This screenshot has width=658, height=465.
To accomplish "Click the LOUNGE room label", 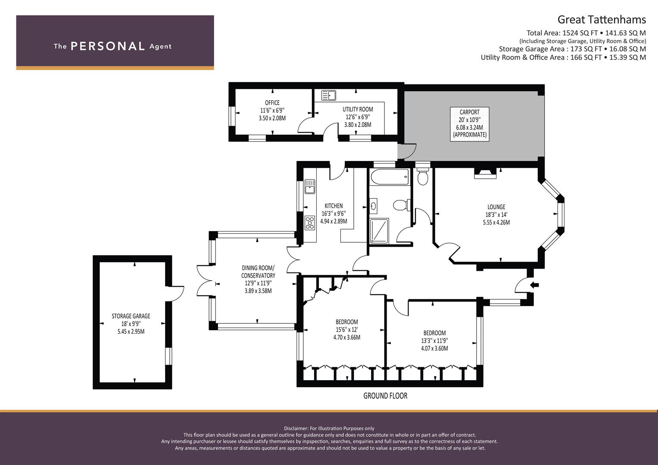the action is point(496,207).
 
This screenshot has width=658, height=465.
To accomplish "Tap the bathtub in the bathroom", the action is point(390,177).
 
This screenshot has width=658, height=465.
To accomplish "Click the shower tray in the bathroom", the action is point(379,231).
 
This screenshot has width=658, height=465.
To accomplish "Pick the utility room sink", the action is point(328,96).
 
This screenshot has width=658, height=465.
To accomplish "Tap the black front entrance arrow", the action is point(535,285).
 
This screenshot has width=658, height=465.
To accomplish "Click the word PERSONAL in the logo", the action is point(108,46).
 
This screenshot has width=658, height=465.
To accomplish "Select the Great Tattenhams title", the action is point(602,20).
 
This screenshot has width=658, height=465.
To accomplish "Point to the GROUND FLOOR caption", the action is point(385,396).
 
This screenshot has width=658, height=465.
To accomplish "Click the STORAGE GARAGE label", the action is point(131,316).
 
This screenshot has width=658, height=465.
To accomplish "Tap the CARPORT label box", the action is point(469,124).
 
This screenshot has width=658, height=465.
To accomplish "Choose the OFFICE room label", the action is point(272,103).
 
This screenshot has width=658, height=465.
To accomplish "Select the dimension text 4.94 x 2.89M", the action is point(334,221).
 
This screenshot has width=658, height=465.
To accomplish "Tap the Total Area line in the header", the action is point(586,33).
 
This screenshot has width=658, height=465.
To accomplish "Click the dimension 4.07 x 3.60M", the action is point(434,348).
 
